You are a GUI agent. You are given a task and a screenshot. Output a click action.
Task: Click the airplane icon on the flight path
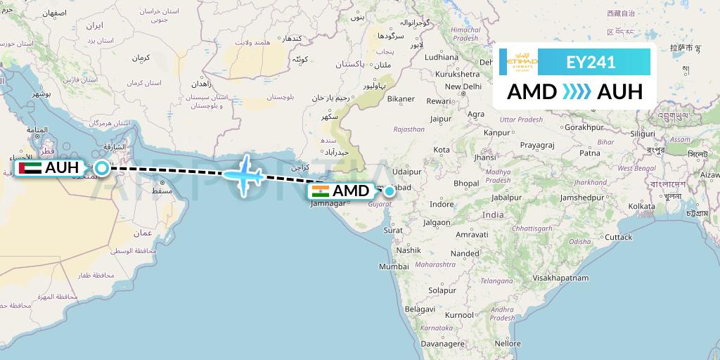[243, 174]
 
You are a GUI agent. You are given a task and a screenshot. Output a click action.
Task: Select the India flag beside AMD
[319, 191]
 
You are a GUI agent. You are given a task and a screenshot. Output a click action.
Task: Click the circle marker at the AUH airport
[102, 168]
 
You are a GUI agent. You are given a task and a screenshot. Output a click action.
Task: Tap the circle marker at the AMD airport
[390, 191]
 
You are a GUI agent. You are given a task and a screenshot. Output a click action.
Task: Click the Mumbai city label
[394, 266]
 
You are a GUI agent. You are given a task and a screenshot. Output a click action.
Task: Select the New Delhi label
[463, 86]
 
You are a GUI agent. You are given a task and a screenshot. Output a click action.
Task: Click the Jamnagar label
[328, 203]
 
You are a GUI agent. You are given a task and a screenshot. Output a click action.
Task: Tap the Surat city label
[393, 230]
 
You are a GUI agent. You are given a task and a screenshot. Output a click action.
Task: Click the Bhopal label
[466, 183]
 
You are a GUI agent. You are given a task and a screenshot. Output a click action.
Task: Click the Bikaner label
[401, 99]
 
